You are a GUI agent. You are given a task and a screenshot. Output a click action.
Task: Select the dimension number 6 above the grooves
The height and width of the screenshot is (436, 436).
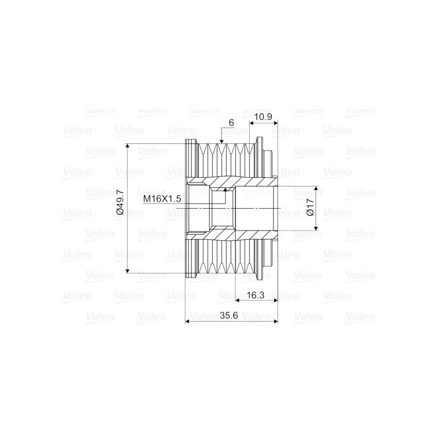coord(231,124)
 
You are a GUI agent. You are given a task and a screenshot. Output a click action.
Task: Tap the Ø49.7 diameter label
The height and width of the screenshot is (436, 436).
coord(121,204)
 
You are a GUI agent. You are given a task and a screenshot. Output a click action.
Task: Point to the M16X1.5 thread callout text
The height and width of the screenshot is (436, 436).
coord(162,199)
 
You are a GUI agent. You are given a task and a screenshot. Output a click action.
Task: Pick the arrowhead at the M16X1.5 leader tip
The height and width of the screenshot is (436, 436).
coord(226,190)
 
